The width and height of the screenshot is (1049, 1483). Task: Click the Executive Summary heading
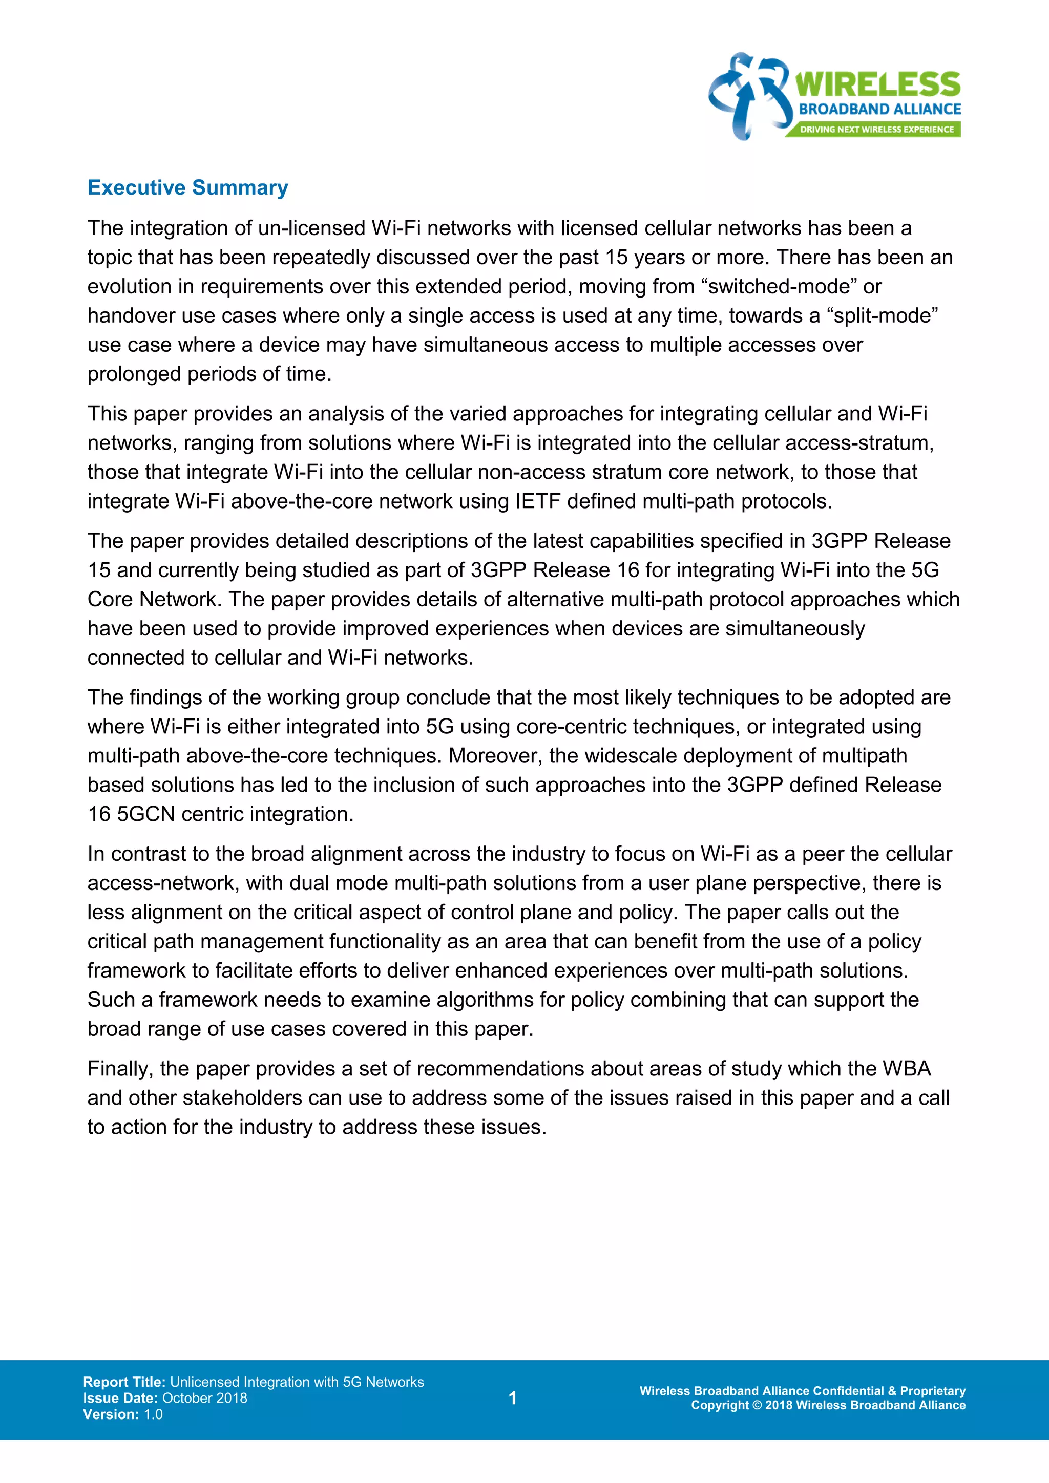187,188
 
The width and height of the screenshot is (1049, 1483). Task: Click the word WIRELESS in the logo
877,84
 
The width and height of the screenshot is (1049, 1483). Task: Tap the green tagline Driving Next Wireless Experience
876,129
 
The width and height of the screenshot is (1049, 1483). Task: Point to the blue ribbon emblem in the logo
750,96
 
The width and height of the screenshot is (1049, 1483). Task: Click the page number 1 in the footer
512,1398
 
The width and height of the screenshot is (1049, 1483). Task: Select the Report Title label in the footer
124,1382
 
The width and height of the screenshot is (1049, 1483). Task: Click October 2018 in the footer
205,1398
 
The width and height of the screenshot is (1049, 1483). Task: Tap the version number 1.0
153,1414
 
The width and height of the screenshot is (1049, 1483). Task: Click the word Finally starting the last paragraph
120,1069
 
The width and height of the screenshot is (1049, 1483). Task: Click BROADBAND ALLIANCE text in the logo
880,109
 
